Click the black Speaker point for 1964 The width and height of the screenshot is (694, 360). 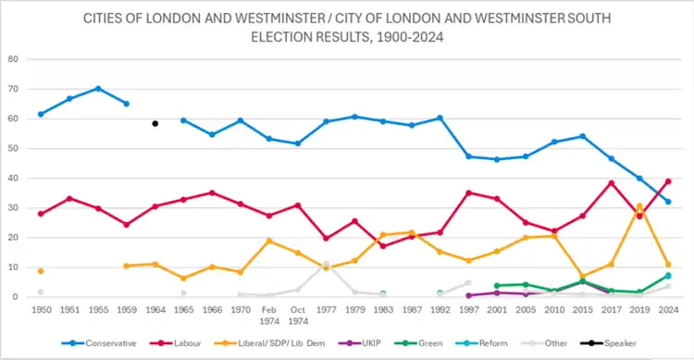(155, 123)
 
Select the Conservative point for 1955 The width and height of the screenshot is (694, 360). (98, 89)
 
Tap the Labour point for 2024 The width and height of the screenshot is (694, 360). (668, 181)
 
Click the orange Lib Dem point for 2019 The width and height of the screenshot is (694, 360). (639, 206)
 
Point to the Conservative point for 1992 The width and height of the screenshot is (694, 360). (440, 118)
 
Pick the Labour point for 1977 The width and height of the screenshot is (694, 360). (327, 238)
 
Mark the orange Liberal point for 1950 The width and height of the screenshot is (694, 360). (41, 271)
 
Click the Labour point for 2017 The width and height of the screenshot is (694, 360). (612, 183)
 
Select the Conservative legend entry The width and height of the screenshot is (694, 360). (99, 343)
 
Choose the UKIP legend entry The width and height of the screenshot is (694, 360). (359, 343)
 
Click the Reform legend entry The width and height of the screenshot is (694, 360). (481, 343)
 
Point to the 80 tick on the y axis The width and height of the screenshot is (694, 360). (13, 59)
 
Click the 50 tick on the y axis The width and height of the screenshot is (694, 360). (13, 148)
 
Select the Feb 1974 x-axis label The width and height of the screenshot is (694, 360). (269, 316)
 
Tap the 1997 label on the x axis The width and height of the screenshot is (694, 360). (469, 310)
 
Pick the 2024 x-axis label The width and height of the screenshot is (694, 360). (668, 310)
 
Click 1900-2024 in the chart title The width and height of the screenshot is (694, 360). (410, 37)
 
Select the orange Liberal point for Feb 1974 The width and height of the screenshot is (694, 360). (269, 241)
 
